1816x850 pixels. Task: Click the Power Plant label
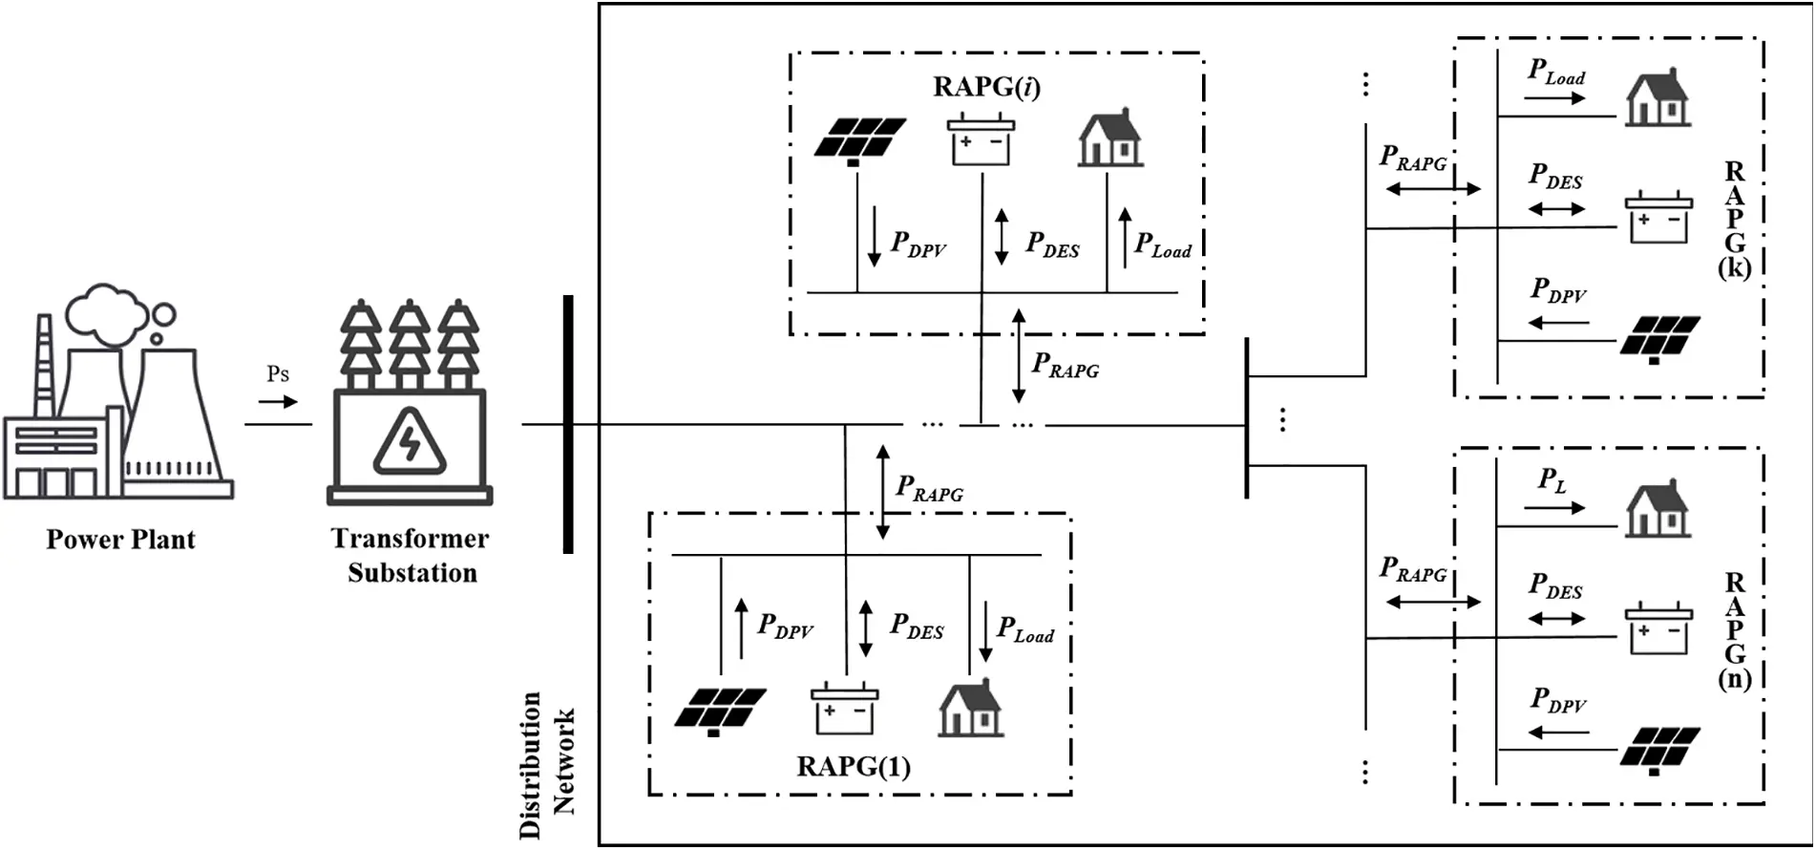(120, 540)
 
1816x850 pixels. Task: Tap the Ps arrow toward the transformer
(278, 402)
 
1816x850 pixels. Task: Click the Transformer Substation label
(411, 556)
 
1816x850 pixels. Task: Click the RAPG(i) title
(986, 87)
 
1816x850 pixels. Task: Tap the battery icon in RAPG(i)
(981, 140)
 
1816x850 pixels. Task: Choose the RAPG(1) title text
(853, 767)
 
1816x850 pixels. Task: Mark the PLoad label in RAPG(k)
(1556, 73)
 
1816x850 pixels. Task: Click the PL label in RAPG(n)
(1552, 480)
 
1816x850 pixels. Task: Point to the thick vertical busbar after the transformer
(568, 425)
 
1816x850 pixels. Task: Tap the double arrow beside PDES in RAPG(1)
(866, 628)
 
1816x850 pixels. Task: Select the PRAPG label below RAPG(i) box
(1066, 366)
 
